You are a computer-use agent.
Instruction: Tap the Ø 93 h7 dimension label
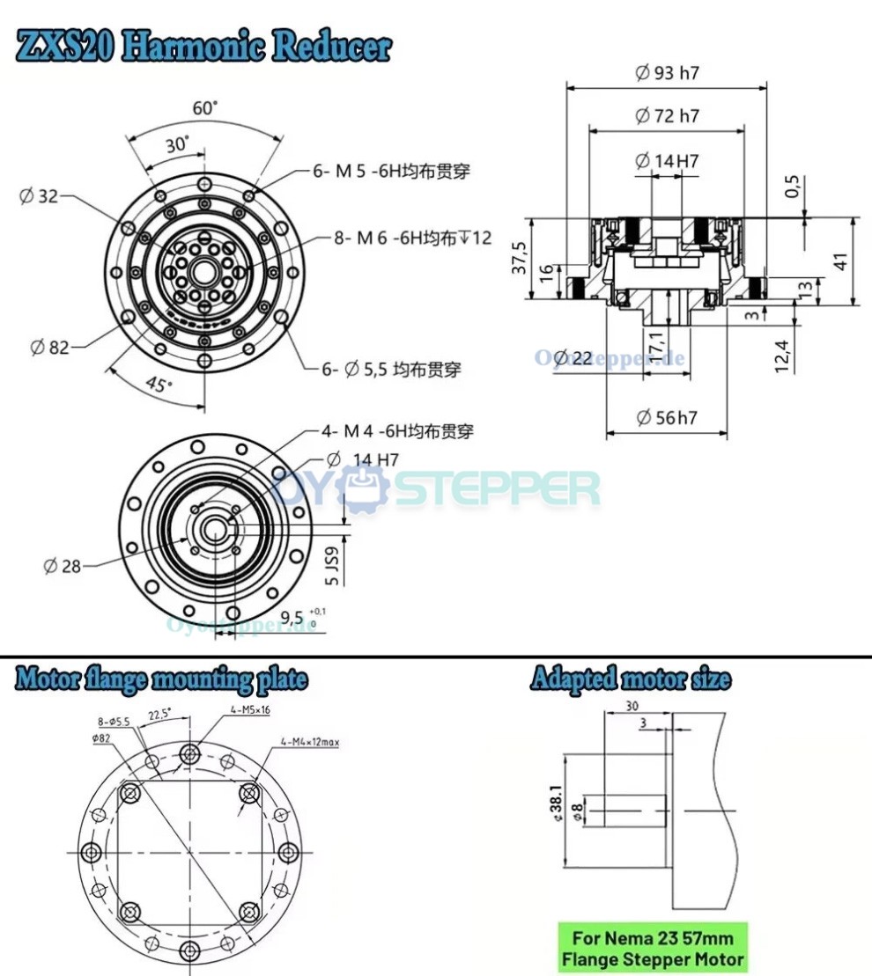(667, 73)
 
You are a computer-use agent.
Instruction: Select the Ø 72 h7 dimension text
(667, 115)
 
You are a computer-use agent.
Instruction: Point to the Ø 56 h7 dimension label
(666, 417)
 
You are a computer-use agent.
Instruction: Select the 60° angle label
(204, 108)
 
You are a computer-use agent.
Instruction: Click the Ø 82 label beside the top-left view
(49, 348)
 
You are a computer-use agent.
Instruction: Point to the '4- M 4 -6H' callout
(396, 431)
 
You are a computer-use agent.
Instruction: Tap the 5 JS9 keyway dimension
(331, 566)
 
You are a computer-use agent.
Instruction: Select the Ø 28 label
(62, 566)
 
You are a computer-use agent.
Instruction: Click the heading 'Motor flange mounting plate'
(161, 679)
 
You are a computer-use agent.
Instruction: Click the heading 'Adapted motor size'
(630, 679)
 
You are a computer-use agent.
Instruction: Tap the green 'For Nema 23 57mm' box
(653, 948)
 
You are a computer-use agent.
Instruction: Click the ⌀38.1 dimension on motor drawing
(555, 804)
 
